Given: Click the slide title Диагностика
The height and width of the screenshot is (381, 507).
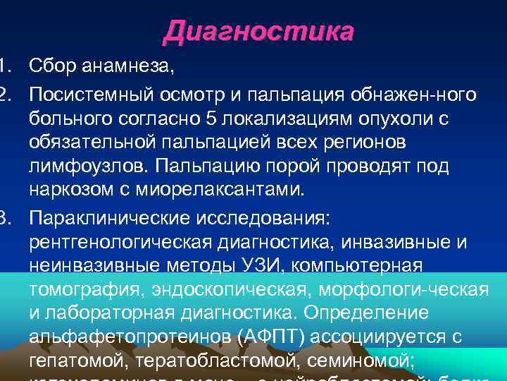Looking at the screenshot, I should [258, 32].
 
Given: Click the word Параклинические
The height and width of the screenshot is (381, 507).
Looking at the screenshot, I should [111, 217].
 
